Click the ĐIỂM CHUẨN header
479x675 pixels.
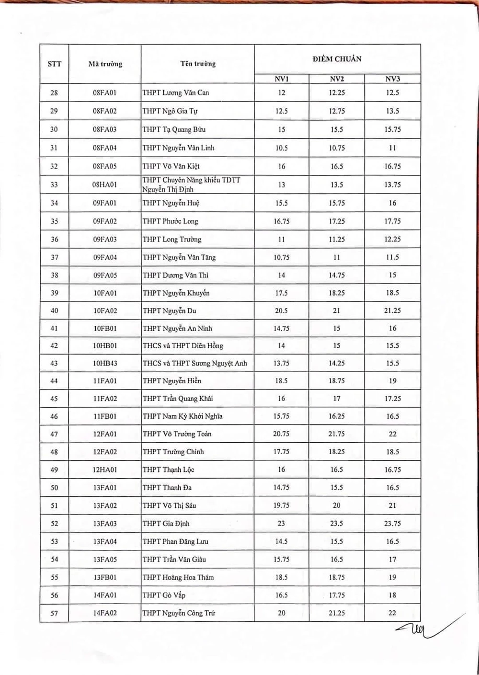pos(337,59)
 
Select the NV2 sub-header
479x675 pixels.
pos(337,79)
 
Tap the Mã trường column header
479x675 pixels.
pos(105,64)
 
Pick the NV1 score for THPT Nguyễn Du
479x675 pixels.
pos(281,310)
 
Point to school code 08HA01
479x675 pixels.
pos(104,184)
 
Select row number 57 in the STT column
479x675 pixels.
pos(54,613)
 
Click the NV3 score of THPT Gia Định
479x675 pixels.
pos(392,524)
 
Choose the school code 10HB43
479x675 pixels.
pos(105,363)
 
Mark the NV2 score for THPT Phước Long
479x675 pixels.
pos(337,221)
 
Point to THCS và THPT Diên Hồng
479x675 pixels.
pos(182,345)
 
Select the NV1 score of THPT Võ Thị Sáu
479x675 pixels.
pos(281,505)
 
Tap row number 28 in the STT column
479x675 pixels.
pos(54,92)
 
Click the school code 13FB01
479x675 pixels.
pos(105,577)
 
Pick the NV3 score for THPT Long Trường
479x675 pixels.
pos(392,239)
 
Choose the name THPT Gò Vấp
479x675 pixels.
pos(164,595)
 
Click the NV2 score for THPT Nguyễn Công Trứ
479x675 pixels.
pos(337,613)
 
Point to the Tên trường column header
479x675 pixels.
pos(198,64)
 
